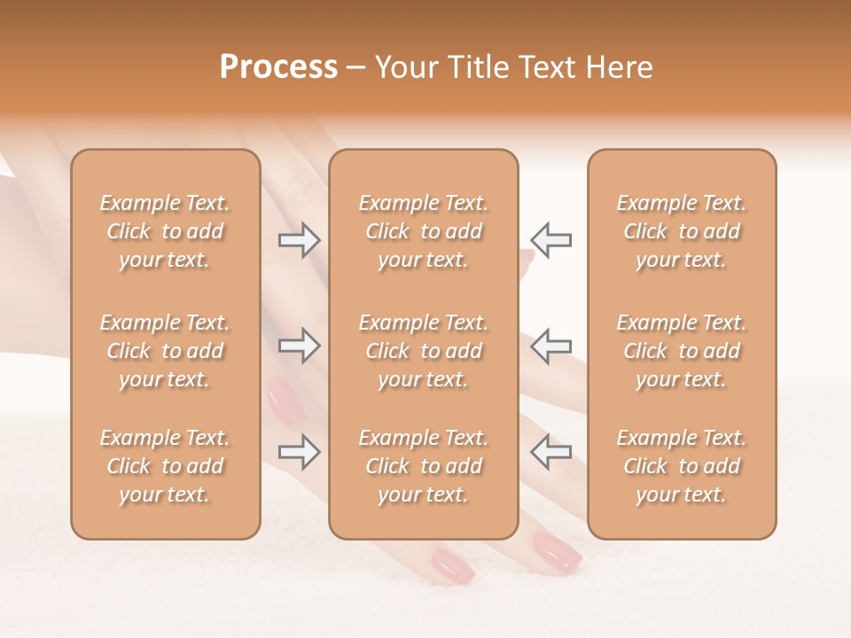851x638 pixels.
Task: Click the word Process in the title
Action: coord(278,67)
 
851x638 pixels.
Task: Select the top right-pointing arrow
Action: coord(299,240)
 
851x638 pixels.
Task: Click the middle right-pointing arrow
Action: coord(299,346)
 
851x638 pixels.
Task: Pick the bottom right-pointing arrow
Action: coord(299,452)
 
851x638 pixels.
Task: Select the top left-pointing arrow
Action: coord(551,240)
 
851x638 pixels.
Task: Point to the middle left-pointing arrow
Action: coord(551,346)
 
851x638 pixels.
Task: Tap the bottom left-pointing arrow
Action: coord(551,452)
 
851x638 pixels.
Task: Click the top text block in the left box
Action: coord(165,231)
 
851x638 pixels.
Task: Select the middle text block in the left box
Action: coord(165,351)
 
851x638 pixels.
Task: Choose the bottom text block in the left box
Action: coord(165,466)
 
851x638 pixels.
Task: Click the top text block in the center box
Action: coord(423,231)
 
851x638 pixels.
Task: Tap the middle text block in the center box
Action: coord(423,351)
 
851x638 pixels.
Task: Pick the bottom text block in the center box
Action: coord(423,466)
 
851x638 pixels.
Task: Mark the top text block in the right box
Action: coord(681,231)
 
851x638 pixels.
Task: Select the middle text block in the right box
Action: coord(681,351)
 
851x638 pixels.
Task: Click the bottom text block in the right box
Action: coord(681,466)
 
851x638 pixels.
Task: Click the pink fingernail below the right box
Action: coord(557,551)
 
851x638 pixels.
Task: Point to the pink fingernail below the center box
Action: coord(449,565)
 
